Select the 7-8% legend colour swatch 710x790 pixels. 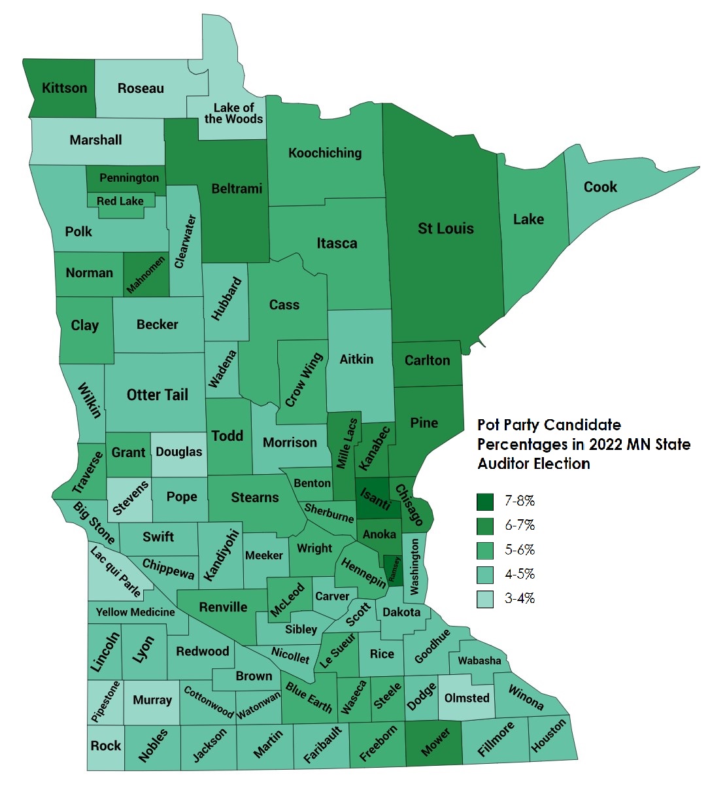tap(484, 502)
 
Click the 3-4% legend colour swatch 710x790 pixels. tap(484, 599)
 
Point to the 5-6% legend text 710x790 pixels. tap(520, 550)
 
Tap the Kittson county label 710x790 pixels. tap(64, 88)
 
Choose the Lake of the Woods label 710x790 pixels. tap(233, 113)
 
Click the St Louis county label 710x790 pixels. tap(445, 229)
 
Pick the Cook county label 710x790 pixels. tap(600, 187)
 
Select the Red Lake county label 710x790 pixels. tap(120, 201)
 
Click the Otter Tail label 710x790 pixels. tap(157, 395)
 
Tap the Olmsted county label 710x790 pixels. tap(467, 698)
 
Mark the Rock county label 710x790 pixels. tap(105, 746)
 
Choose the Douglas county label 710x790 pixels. tap(178, 452)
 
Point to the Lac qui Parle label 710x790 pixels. tap(116, 573)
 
